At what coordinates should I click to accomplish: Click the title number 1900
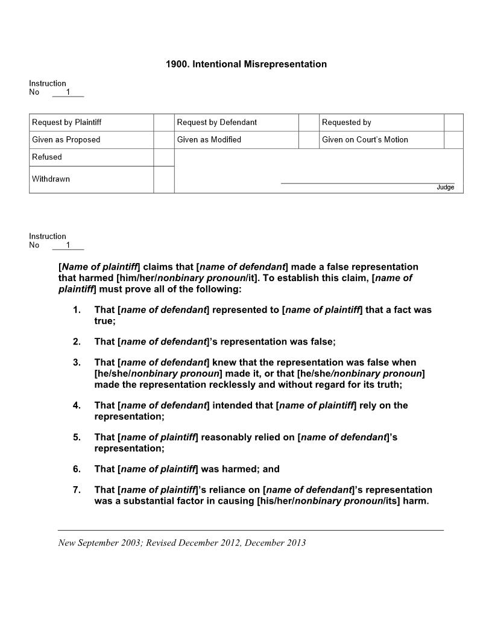(x=177, y=64)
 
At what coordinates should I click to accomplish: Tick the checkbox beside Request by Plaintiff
(x=163, y=122)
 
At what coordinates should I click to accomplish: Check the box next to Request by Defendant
(x=309, y=122)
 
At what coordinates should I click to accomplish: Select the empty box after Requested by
(x=453, y=122)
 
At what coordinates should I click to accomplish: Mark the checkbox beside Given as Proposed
(x=163, y=140)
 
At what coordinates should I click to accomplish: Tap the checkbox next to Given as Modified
(x=309, y=140)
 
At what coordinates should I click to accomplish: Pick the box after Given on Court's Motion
(x=453, y=140)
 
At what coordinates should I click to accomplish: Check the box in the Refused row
(x=163, y=157)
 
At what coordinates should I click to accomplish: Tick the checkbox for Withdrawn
(x=163, y=179)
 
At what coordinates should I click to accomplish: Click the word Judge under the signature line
(x=445, y=188)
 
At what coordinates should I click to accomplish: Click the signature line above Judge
(x=367, y=183)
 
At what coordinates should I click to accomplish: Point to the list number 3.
(x=77, y=363)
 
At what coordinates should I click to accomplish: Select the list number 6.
(x=77, y=469)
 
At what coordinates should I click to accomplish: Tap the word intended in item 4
(x=232, y=405)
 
